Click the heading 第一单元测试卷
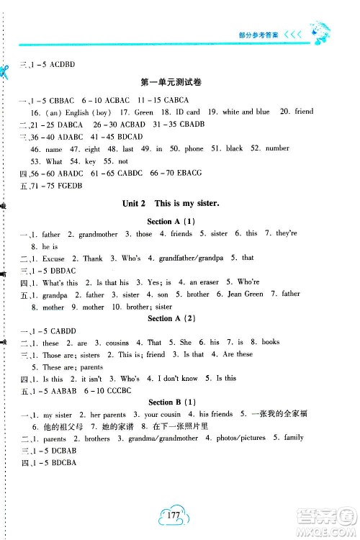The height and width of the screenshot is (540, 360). (179, 83)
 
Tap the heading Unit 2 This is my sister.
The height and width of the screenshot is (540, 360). (179, 204)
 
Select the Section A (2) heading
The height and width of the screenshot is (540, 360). (179, 318)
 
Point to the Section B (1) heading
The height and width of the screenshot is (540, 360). (179, 402)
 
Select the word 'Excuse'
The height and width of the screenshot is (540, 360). (54, 258)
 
